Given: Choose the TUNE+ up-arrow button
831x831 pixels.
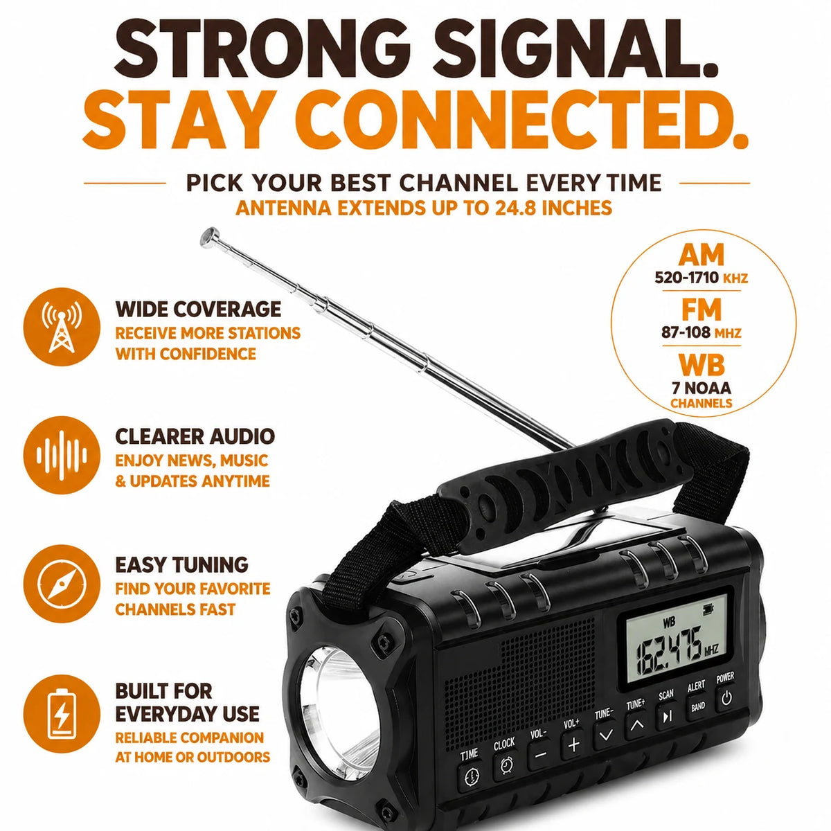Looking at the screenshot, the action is (636, 725).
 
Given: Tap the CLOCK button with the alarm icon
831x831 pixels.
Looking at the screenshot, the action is (506, 765).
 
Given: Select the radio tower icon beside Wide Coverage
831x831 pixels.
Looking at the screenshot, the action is (61, 326).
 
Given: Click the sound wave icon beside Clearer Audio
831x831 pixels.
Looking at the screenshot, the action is (61, 455).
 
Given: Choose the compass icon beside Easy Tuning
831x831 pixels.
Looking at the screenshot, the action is (61, 584).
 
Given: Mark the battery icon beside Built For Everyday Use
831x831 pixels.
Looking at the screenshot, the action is (61, 714).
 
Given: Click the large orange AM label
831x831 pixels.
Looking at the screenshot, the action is (702, 256).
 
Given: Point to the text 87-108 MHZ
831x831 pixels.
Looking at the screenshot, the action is (702, 332).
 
